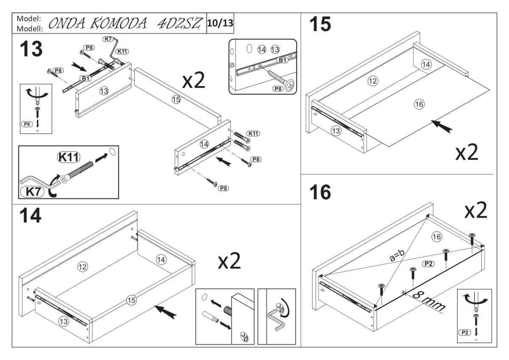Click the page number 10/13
click(x=220, y=23)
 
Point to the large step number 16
click(x=319, y=193)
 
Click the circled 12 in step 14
click(x=82, y=266)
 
